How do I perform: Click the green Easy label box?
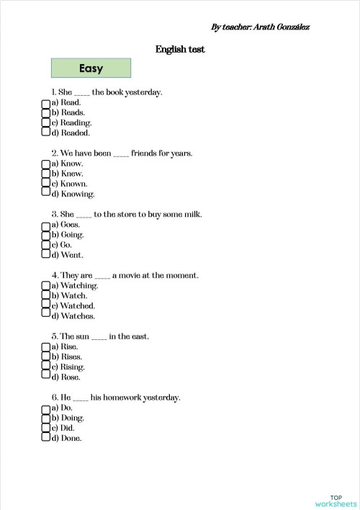coord(91,68)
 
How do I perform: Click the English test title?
coord(180,49)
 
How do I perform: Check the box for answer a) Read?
coord(45,103)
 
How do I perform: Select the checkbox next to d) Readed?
coord(45,133)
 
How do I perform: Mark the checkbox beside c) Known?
coord(45,184)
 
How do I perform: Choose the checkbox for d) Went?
coord(45,254)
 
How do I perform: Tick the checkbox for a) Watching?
coord(45,286)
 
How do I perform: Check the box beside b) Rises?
coord(45,357)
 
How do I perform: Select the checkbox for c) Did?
coord(45,427)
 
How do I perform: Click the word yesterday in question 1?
coord(143,92)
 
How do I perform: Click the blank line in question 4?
coord(102,277)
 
